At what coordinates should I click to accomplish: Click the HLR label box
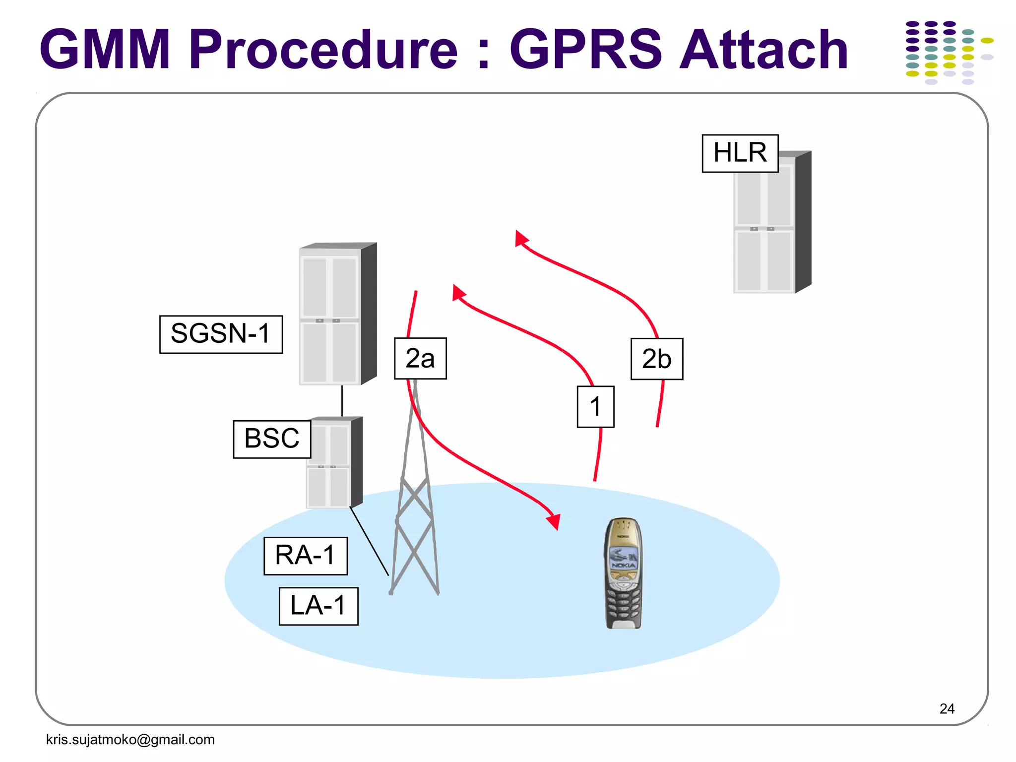coord(740,153)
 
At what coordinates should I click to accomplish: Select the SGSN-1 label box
coord(221,334)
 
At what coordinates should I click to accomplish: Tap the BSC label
coord(272,439)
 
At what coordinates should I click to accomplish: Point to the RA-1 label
coord(305,556)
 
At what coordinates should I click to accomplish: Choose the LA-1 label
coord(318,606)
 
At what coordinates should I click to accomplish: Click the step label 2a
coord(420,359)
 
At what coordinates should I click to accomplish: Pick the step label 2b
coord(656,359)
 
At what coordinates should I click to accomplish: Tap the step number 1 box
coord(595,407)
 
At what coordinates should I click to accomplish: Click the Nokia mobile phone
coord(624,573)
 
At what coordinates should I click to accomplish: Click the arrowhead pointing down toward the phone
coord(554,521)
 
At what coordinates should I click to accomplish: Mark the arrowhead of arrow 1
coord(458,293)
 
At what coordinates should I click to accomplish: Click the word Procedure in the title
coord(323,50)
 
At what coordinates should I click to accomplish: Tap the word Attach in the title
coord(763,50)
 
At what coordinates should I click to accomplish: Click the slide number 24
coord(947,708)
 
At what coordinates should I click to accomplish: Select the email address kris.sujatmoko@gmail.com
coord(130,740)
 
